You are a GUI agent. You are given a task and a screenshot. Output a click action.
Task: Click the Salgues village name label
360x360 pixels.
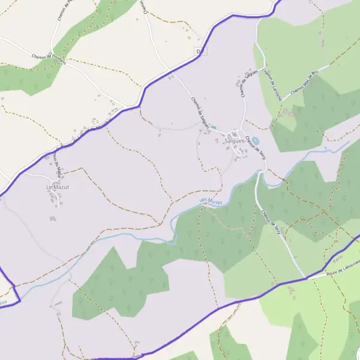(x=235, y=141)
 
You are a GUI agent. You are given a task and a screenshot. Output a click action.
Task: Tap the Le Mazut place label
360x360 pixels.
(x=58, y=187)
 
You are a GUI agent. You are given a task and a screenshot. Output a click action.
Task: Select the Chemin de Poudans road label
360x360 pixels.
(x=49, y=58)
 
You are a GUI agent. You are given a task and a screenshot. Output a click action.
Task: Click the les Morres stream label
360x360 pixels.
(x=211, y=202)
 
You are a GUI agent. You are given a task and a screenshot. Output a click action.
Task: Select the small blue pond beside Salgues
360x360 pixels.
(x=255, y=140)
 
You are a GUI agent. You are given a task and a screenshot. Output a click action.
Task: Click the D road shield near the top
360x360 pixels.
(x=201, y=52)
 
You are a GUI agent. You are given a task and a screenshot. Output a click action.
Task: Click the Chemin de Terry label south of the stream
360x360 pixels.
(x=271, y=223)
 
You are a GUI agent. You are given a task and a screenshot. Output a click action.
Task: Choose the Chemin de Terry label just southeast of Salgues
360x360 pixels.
(x=255, y=147)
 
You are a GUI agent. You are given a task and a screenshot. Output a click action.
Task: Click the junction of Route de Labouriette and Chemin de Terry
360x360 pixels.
(x=306, y=278)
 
